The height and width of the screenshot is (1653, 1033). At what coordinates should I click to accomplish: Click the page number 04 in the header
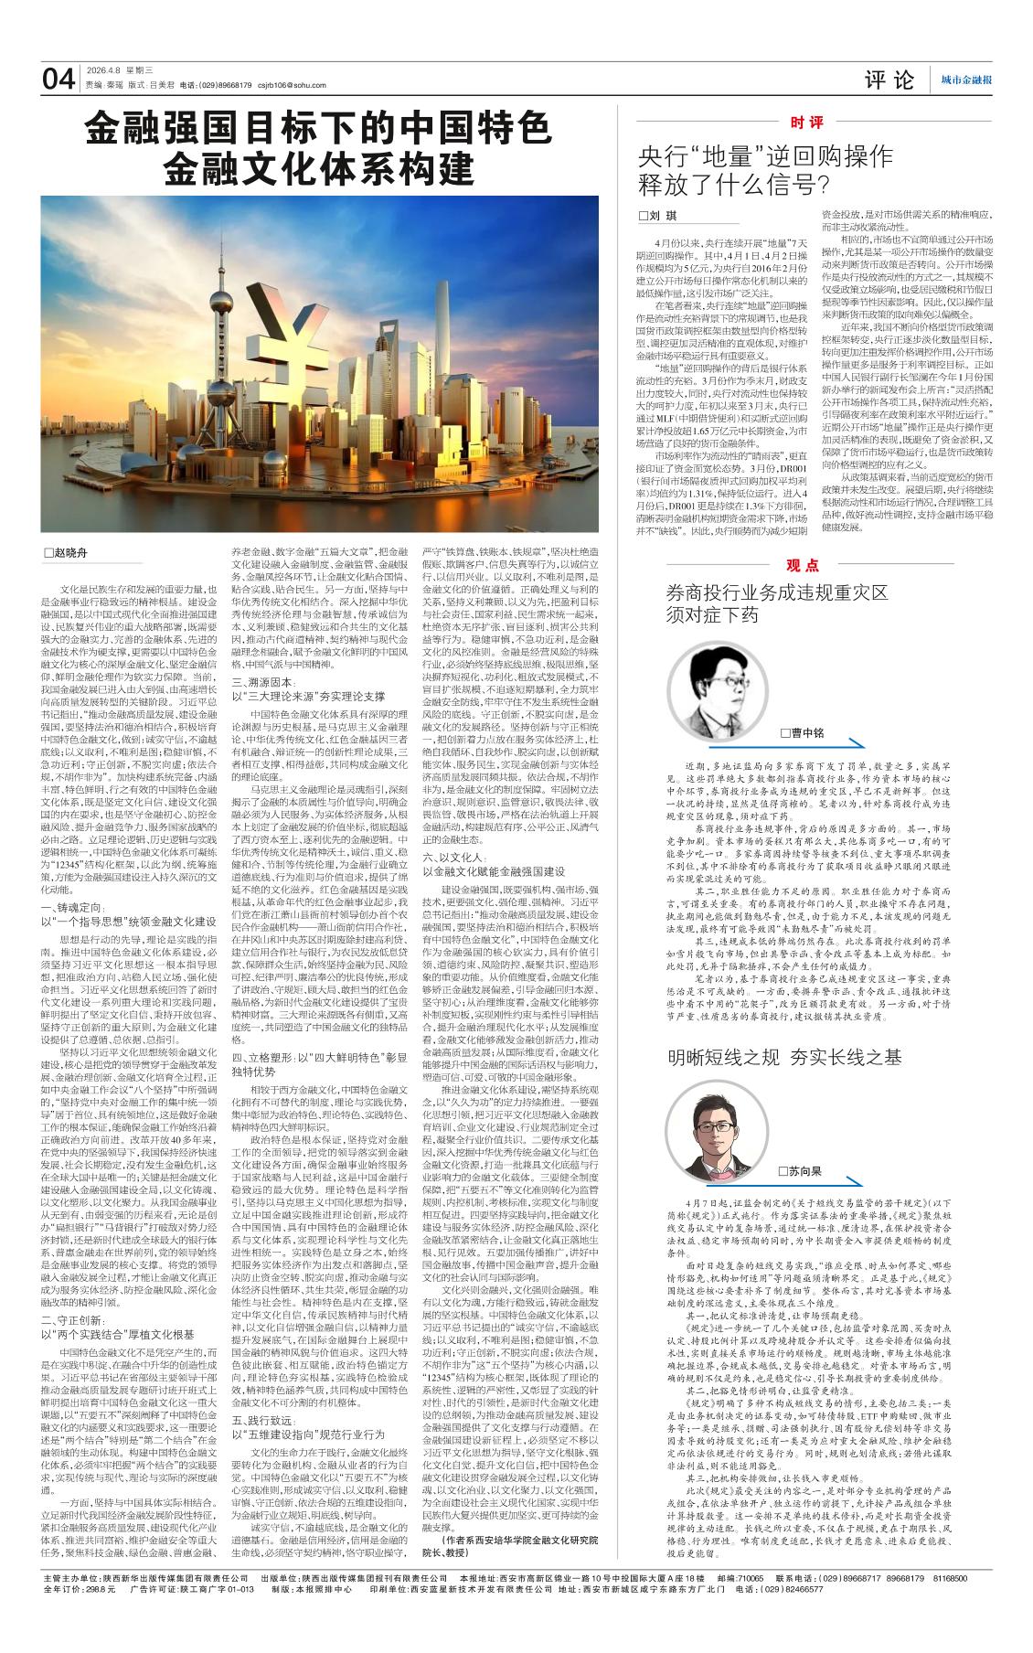click(x=59, y=79)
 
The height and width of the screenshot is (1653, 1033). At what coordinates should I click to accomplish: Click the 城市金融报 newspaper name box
click(x=966, y=80)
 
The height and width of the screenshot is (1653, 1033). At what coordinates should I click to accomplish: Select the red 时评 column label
click(x=806, y=122)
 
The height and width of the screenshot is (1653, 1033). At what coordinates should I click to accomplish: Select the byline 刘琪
click(x=659, y=215)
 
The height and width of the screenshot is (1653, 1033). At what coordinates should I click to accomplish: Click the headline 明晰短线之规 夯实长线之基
click(x=784, y=1057)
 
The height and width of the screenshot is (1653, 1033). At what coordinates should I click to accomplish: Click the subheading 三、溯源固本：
click(x=263, y=682)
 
